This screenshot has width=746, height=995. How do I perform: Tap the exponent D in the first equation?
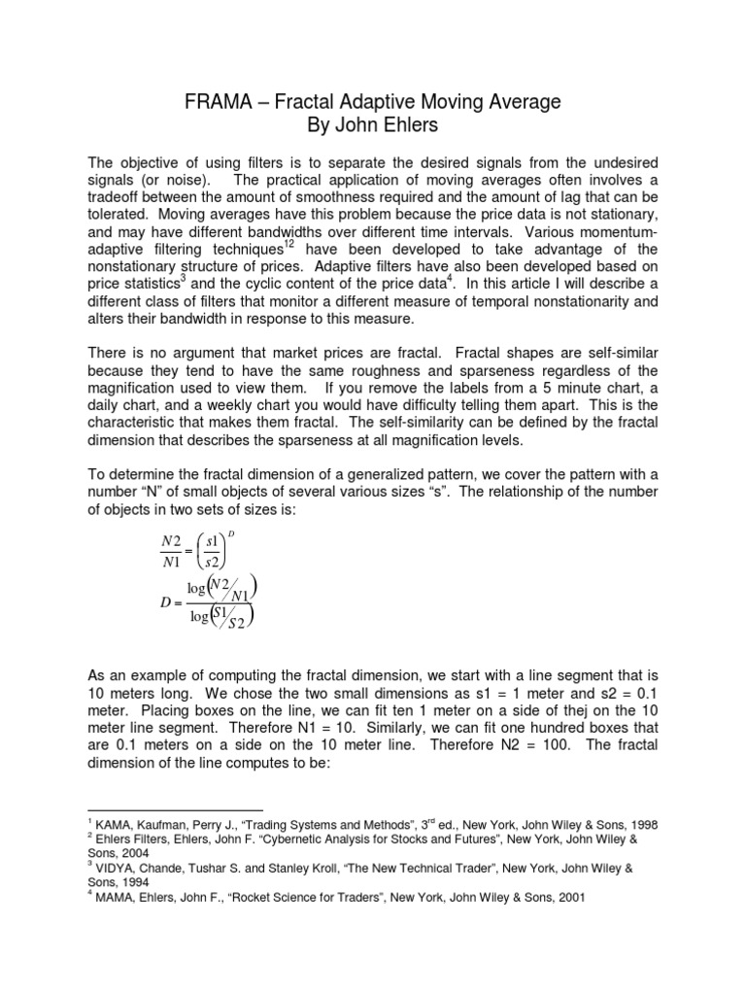tap(231, 533)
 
